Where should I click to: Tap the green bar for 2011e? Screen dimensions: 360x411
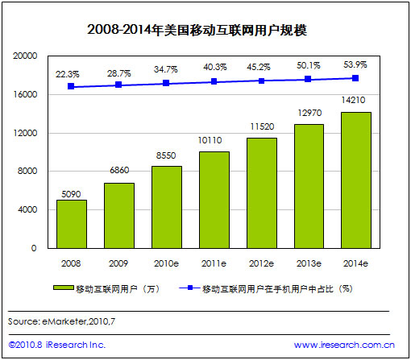(x=214, y=200)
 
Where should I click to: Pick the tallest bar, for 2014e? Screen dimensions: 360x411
(x=356, y=180)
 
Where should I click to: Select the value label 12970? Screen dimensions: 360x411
(x=309, y=115)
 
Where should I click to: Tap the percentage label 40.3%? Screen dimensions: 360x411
(x=214, y=68)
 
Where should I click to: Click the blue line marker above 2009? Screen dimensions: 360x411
(x=118, y=85)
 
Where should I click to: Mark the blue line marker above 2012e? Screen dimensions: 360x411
(x=261, y=81)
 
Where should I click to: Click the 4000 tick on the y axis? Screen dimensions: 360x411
(x=28, y=210)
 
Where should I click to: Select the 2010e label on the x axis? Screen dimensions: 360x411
(x=166, y=263)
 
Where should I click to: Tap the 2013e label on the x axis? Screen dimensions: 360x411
(x=309, y=263)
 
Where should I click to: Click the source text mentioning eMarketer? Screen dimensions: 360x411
(x=60, y=321)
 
